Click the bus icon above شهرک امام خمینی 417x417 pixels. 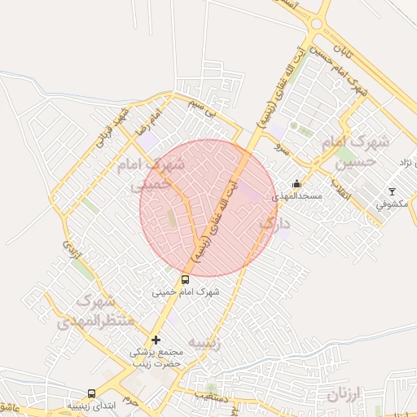(x=185, y=279)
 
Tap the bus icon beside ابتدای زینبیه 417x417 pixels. (x=90, y=393)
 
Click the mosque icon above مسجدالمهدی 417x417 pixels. (x=296, y=184)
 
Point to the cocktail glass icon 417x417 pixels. (x=392, y=191)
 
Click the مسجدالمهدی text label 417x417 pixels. (x=301, y=196)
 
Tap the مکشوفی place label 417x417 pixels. (x=392, y=204)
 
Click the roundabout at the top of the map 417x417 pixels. (x=315, y=25)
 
